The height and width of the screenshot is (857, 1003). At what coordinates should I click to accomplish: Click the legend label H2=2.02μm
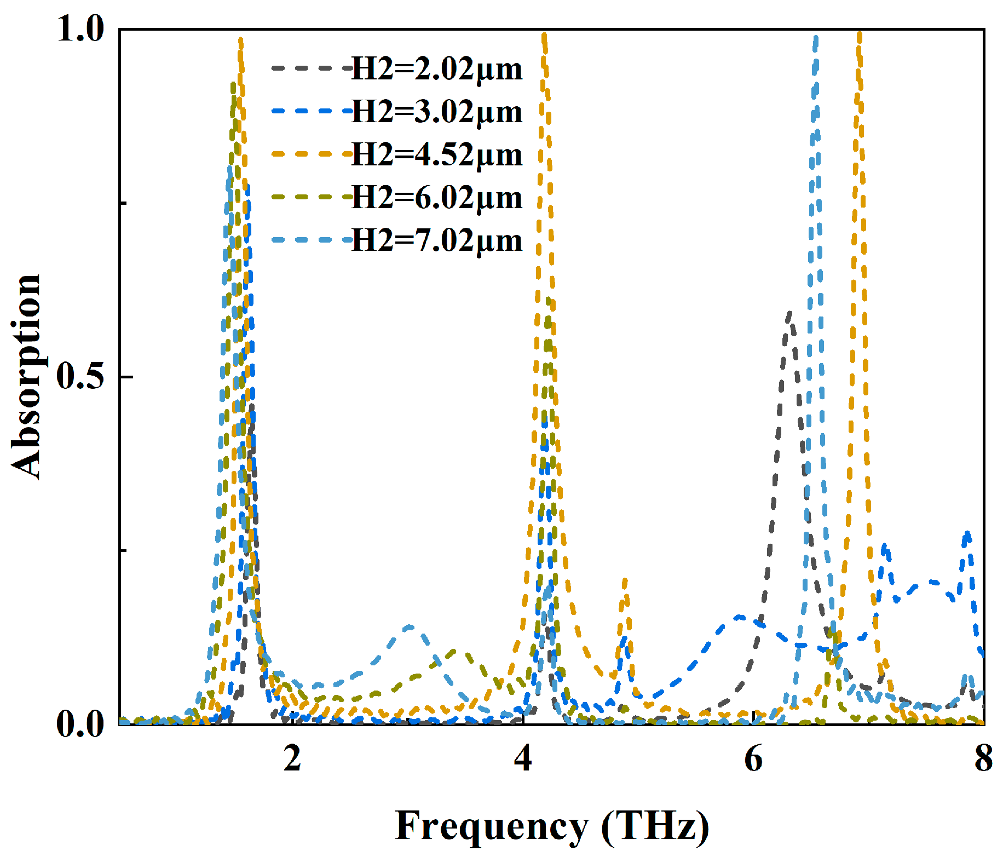437,70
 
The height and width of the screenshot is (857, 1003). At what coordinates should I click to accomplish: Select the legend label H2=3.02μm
437,112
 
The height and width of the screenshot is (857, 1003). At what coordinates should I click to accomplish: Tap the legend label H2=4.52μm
437,155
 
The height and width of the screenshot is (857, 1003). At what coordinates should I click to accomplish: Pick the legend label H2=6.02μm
437,198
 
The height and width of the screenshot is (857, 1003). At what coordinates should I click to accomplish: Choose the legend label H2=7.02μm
437,240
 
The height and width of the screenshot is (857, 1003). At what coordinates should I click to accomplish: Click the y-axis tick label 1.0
80,29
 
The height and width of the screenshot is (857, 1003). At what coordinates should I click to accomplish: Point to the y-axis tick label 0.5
80,377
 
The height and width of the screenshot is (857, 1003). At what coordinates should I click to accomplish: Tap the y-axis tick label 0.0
80,724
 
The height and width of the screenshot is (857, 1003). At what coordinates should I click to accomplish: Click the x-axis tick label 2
292,759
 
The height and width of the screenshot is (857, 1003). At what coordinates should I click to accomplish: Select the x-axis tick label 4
523,759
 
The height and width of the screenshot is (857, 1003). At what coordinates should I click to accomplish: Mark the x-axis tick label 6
753,759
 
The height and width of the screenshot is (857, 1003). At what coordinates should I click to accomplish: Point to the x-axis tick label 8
983,759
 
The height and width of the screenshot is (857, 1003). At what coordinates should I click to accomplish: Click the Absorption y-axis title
26,377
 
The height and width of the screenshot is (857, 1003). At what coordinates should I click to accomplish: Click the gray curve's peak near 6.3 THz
789,314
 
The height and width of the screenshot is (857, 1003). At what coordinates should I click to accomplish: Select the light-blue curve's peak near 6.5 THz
816,37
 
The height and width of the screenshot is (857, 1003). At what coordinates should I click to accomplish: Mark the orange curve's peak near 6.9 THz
860,34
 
